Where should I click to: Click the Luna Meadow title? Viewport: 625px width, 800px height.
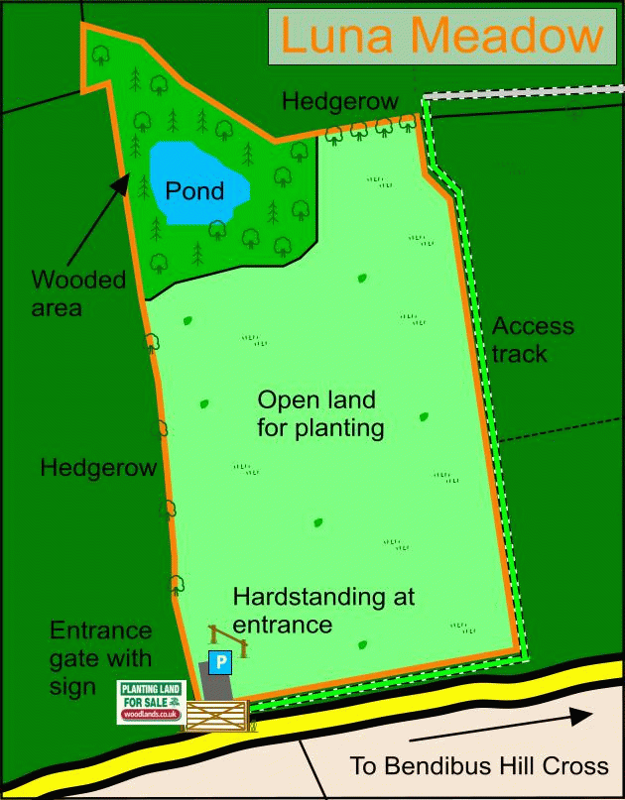(441, 37)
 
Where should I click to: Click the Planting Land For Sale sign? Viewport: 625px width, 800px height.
(151, 701)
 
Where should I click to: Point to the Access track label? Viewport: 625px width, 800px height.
(532, 339)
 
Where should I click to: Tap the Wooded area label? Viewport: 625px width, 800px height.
(78, 293)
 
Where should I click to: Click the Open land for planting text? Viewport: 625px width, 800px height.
(319, 414)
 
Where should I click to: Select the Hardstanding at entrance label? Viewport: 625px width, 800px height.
(323, 611)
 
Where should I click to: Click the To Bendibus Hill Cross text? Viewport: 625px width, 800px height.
(478, 766)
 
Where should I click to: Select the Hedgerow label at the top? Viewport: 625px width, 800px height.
(339, 101)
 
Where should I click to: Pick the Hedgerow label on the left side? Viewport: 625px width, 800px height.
(98, 468)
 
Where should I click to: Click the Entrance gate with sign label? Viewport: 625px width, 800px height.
(101, 658)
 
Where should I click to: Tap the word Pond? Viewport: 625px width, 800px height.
(194, 190)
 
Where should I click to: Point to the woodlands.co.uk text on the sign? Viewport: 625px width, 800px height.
(151, 714)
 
